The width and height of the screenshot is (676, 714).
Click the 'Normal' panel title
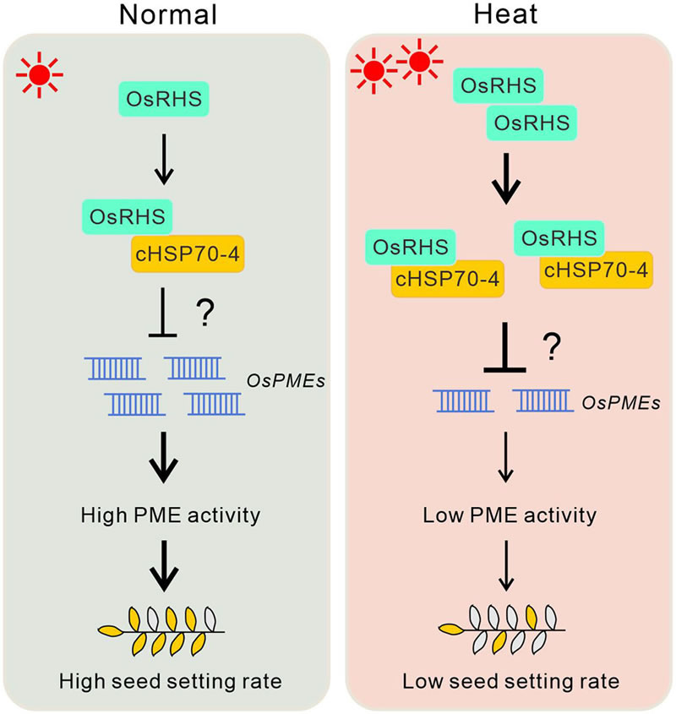tap(169, 16)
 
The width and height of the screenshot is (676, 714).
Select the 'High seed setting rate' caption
tap(168, 682)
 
